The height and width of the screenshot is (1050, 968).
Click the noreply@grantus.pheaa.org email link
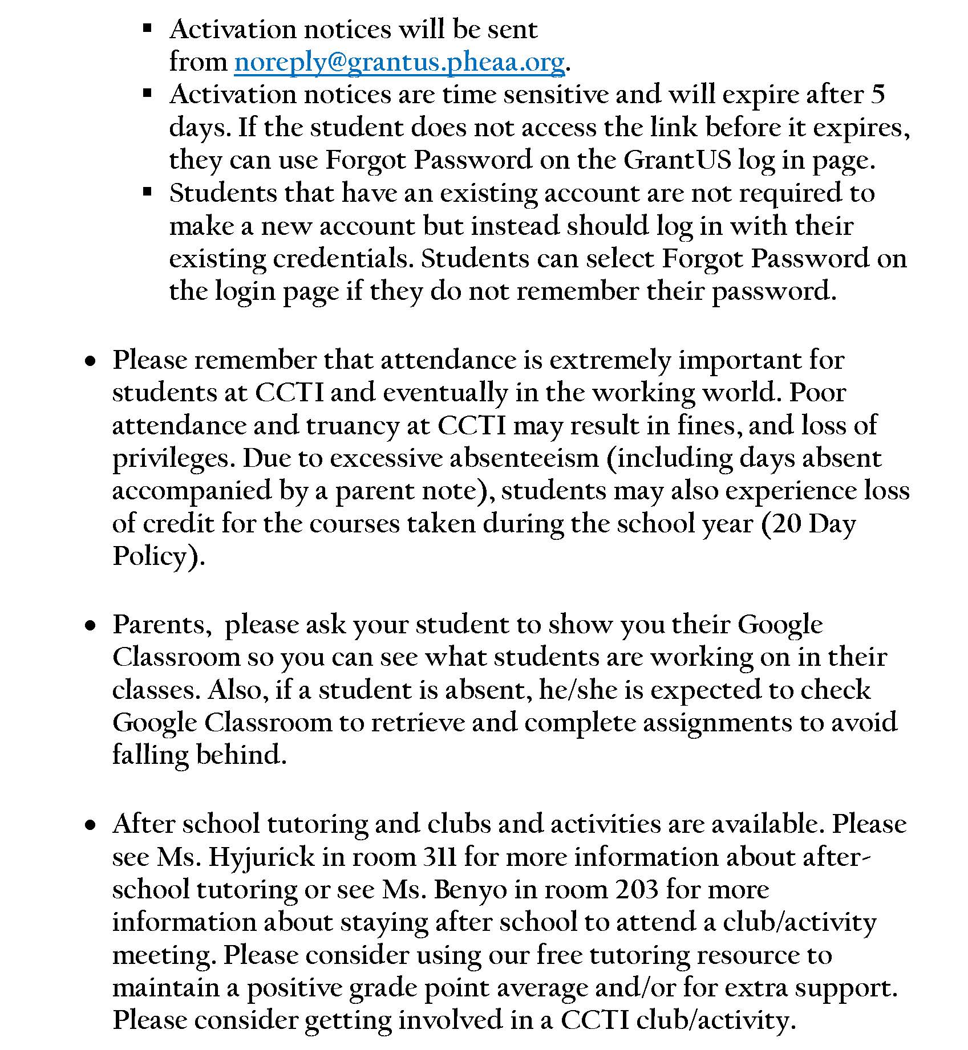[x=399, y=62]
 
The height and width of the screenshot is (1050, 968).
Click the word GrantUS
[x=677, y=160]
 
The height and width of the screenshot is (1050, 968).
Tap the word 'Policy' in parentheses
[x=153, y=556]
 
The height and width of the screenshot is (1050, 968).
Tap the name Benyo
[x=471, y=890]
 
